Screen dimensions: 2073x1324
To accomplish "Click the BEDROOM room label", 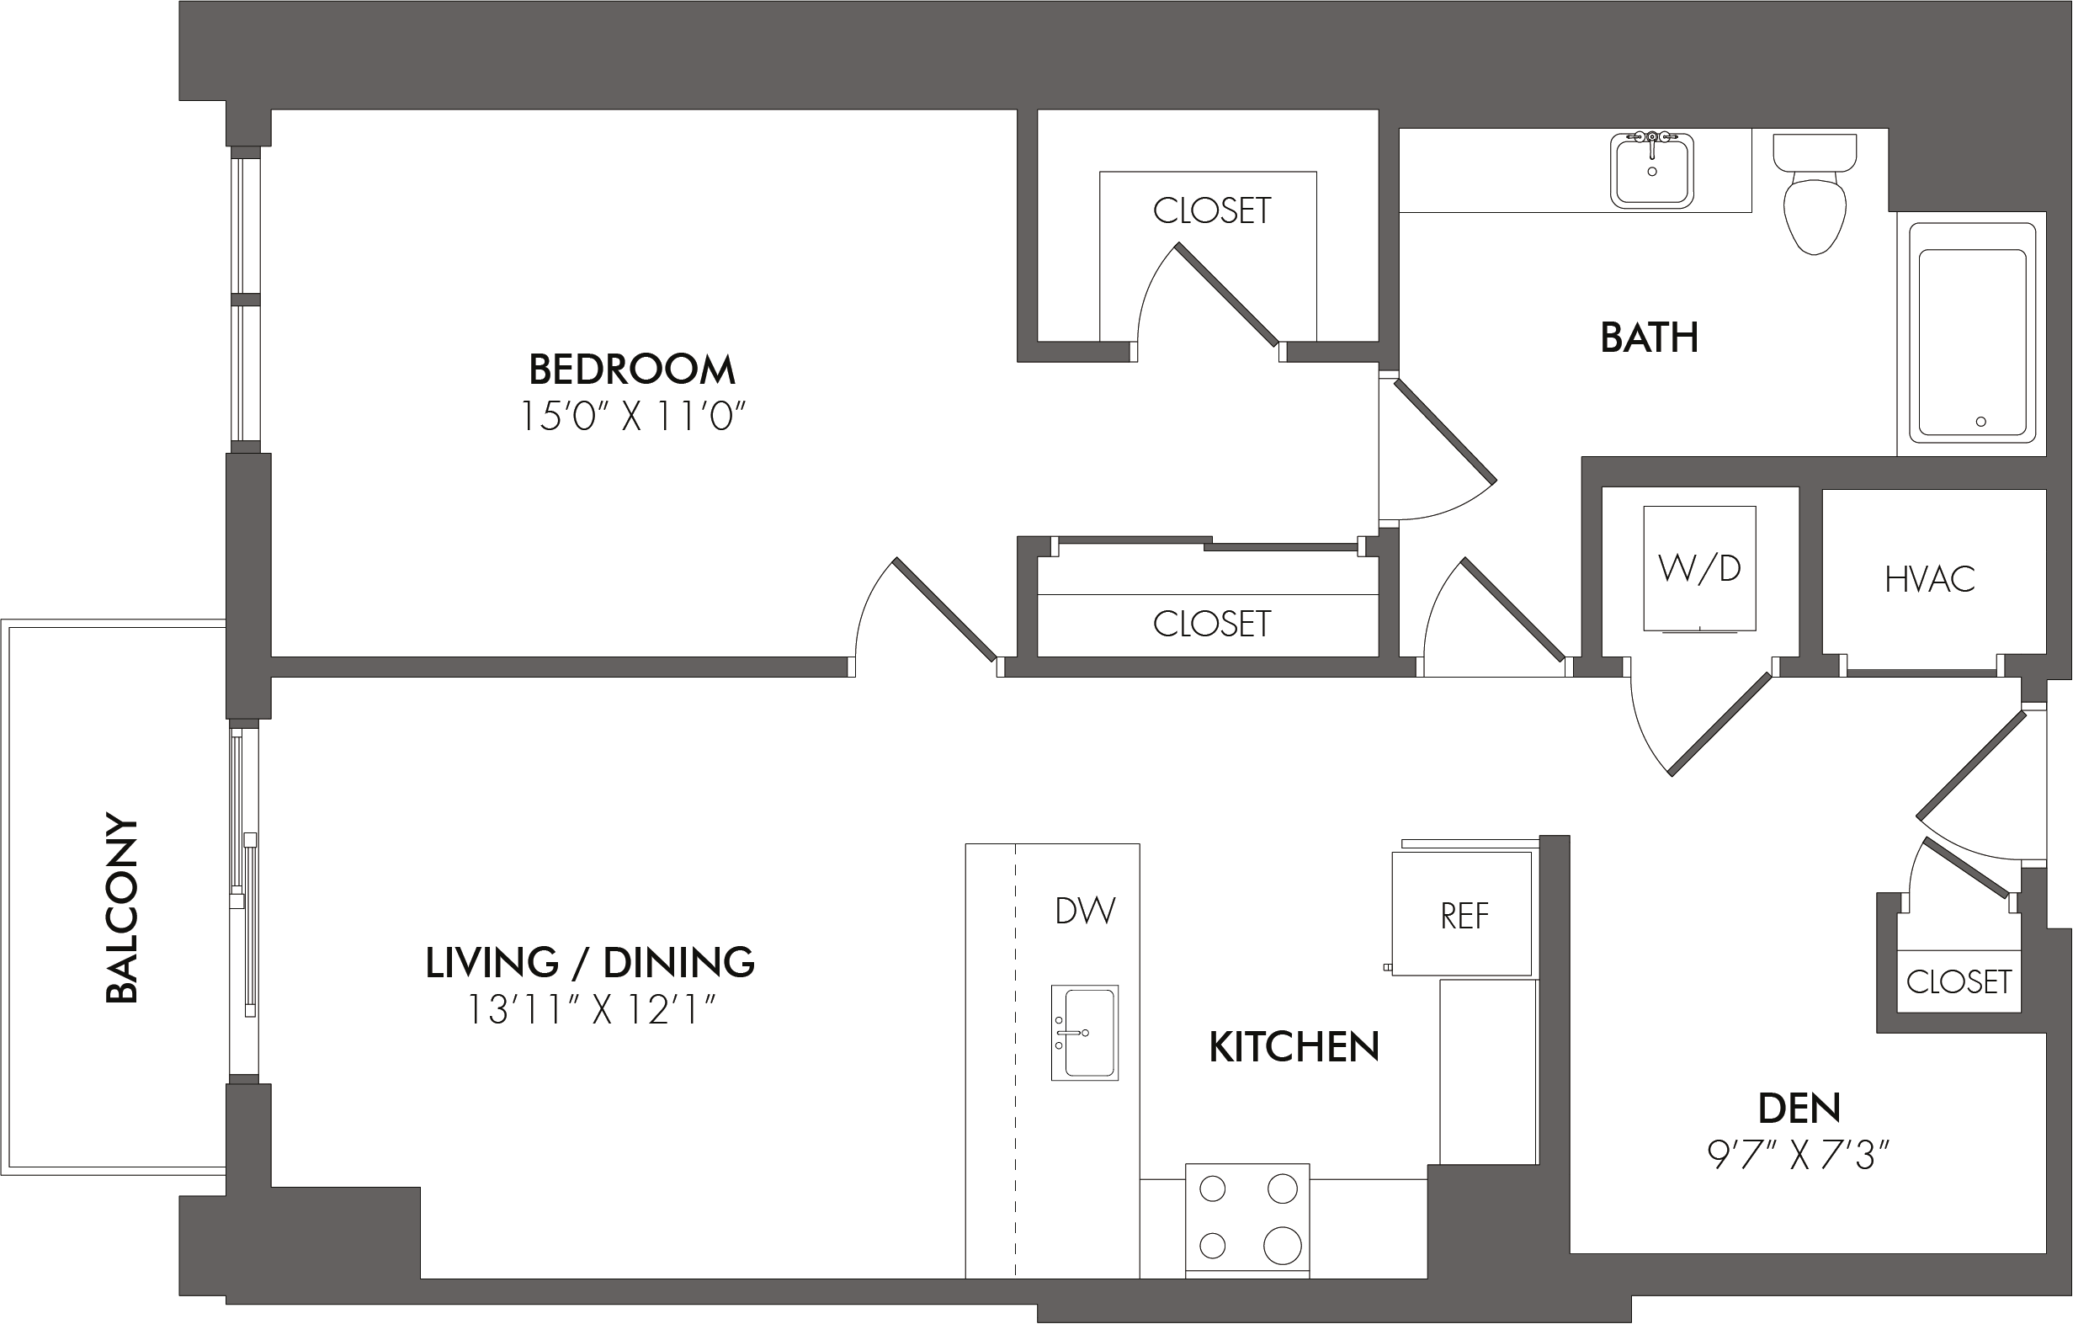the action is [632, 370].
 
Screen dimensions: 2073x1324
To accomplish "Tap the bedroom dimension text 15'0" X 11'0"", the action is [632, 417].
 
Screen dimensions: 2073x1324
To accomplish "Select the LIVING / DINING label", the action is [590, 962].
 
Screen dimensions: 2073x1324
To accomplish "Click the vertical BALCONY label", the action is [121, 908].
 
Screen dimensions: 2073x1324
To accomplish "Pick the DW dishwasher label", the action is [1085, 911].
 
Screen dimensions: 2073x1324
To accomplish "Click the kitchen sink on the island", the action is [1085, 1032].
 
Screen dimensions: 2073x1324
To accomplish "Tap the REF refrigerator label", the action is [1464, 917].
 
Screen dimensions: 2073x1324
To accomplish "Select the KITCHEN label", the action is [1294, 1048].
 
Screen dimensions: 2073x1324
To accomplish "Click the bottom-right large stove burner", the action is [1282, 1245].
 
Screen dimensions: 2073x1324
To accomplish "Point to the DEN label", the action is [1799, 1109].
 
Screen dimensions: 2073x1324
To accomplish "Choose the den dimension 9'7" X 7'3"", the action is [1799, 1156].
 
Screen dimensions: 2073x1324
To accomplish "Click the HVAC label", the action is [1929, 580].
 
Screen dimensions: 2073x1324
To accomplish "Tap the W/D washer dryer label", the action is [1698, 568].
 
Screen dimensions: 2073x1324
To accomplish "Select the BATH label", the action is [1650, 338].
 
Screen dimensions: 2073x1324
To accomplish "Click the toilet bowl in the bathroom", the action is [1815, 215].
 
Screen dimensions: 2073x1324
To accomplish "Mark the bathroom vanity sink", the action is [1651, 172].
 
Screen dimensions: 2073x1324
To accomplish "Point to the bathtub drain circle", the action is [1981, 422].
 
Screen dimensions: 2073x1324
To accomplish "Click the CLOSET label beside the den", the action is [1959, 981].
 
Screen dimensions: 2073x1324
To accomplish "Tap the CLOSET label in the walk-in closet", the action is [1211, 211].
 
